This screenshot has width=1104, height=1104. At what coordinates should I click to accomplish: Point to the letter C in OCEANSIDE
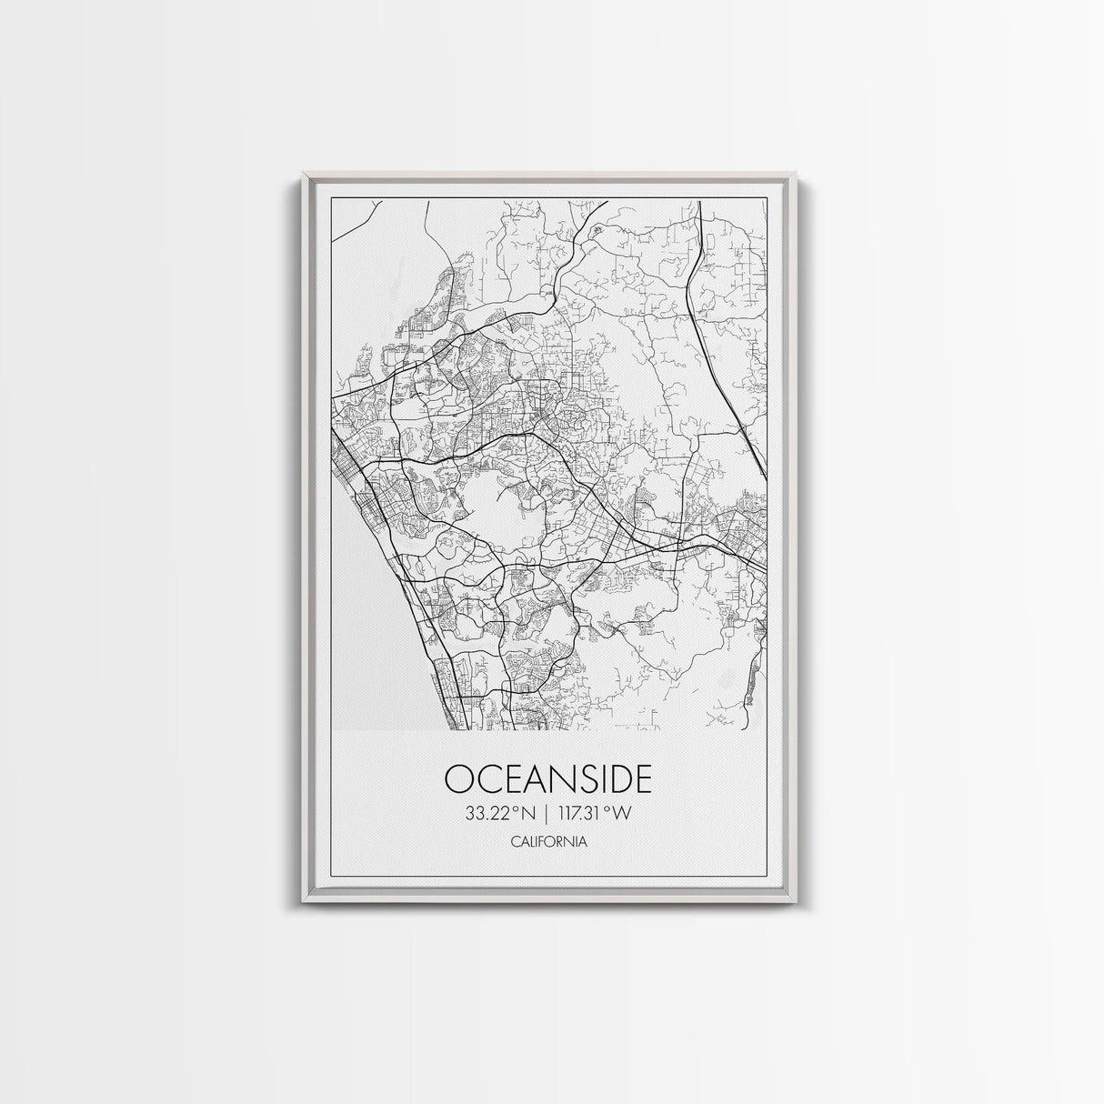tap(487, 779)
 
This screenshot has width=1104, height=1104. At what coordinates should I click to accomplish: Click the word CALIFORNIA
tap(548, 842)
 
